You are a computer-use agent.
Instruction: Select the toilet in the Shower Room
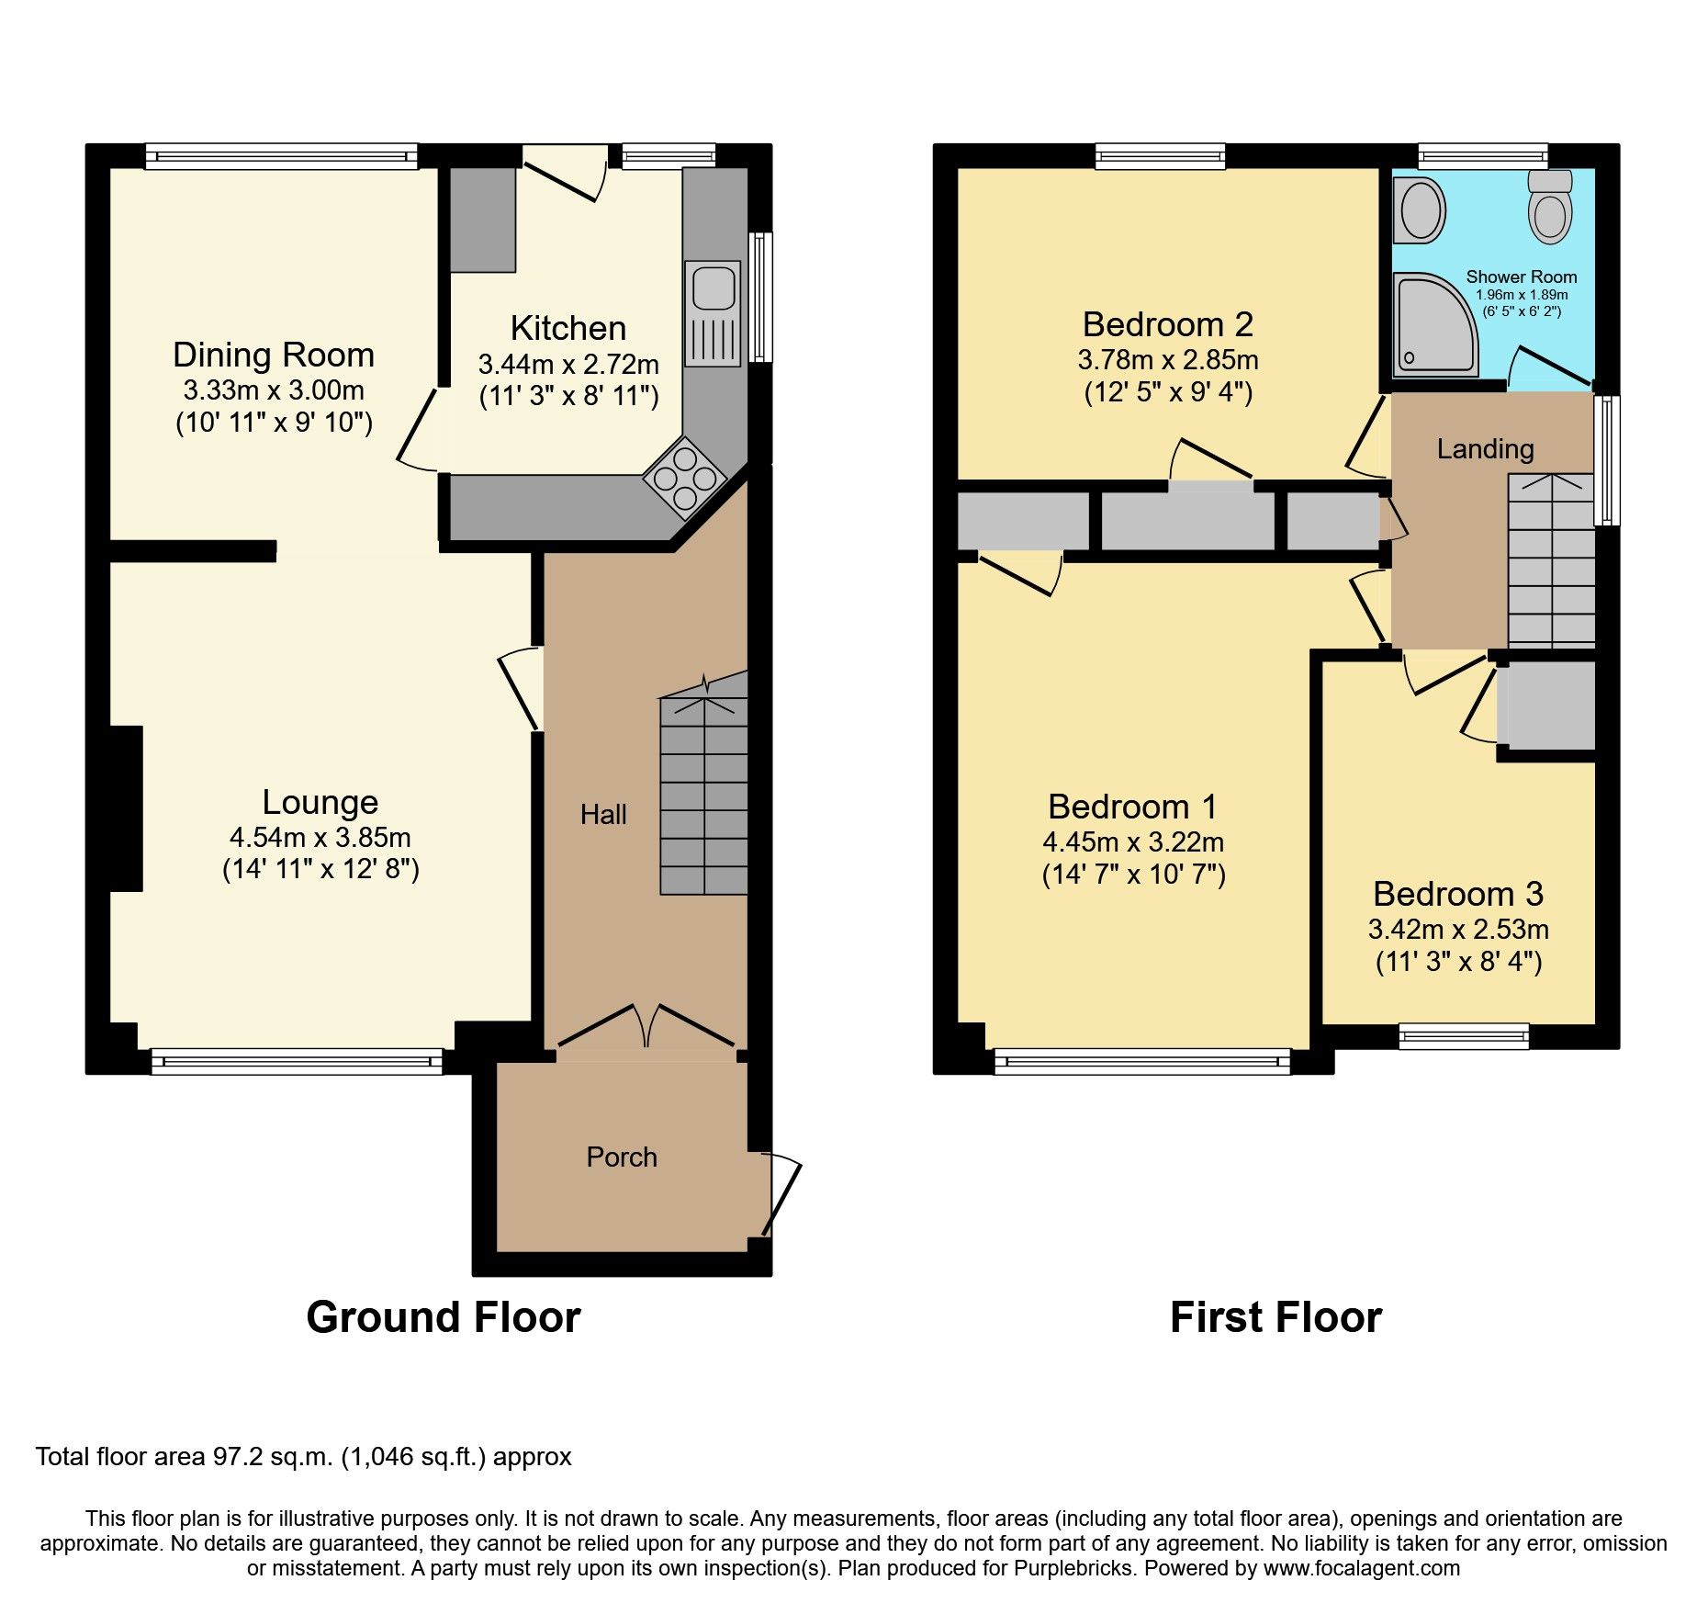[1550, 208]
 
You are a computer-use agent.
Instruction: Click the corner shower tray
[1433, 327]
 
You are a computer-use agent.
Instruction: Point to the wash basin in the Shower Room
[1420, 210]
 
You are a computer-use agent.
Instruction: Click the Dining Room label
[274, 355]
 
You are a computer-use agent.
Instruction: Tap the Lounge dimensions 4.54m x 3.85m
[320, 837]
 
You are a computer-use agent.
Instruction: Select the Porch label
[622, 1157]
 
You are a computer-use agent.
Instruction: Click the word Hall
[603, 814]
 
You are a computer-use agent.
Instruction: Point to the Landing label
[1485, 448]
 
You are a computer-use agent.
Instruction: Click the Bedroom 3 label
[1457, 894]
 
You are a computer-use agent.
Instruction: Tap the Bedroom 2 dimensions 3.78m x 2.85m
[1167, 359]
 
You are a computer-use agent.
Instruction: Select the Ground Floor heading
[443, 1317]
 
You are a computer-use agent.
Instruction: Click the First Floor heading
[1275, 1317]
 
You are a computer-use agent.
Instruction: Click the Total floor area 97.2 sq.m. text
[303, 1457]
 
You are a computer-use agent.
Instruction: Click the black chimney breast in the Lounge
[126, 807]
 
